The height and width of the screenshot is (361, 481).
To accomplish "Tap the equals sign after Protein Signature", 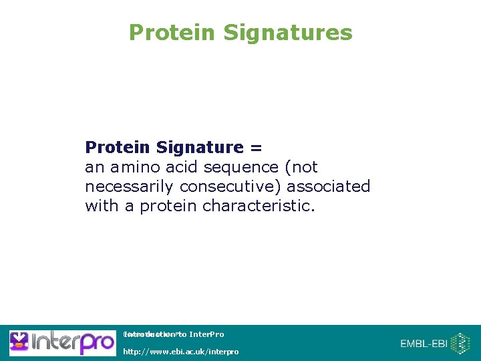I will [257, 147].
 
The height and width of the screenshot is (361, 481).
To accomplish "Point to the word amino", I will [134, 166].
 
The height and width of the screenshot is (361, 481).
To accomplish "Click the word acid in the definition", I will [180, 166].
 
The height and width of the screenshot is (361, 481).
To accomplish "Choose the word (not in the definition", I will [301, 166].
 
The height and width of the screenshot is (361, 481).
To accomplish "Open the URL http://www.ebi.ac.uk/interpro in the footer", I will [180, 352].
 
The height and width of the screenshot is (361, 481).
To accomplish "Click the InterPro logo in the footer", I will [62, 343].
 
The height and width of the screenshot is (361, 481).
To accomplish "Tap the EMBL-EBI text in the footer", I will [423, 344].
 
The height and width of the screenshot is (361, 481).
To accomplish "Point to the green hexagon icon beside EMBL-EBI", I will [460, 344].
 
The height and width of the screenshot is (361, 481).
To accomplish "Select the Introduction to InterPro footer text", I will [174, 334].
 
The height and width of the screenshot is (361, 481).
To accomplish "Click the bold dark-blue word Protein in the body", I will [118, 147].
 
